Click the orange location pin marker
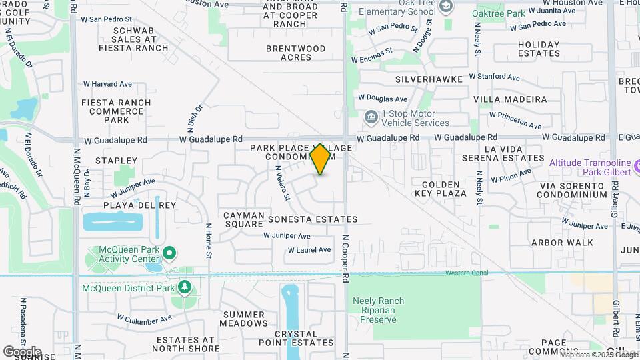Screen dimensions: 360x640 321,159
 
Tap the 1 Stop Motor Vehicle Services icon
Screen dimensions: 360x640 370,118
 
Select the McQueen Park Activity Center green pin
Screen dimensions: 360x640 169,253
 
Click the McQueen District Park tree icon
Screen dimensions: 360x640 184,287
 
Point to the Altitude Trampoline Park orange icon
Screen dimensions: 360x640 637,163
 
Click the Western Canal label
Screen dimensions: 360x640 467,273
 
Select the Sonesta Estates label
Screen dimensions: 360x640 313,219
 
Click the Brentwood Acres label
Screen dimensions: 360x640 296,53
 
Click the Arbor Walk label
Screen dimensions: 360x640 562,243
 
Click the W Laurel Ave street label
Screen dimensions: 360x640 309,250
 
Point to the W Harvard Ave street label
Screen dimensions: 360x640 107,84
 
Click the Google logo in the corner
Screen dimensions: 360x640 21,351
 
